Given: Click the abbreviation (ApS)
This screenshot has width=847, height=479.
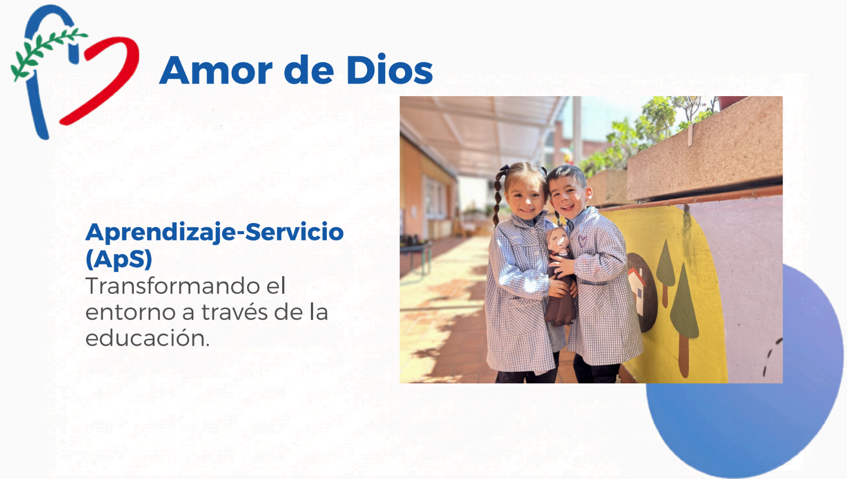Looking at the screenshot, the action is (x=119, y=260).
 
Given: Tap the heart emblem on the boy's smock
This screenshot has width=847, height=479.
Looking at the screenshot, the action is (x=582, y=241).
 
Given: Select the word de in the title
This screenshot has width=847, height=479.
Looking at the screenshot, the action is (x=309, y=70).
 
